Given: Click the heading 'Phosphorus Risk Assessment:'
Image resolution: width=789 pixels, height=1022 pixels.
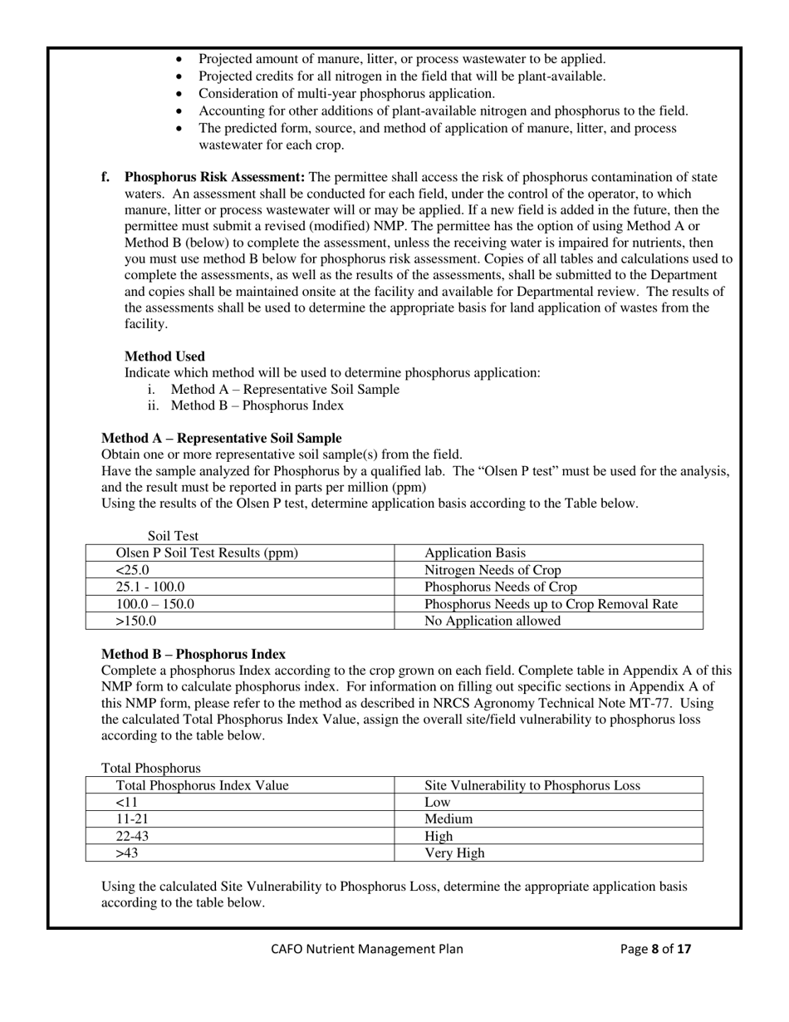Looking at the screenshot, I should point(214,177).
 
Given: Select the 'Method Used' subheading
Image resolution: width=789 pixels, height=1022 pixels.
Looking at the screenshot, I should point(164,356).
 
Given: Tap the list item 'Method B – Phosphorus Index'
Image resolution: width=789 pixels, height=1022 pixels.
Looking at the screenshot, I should point(257,405).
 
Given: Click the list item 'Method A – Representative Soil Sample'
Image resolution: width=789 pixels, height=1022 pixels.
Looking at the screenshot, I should point(284,389).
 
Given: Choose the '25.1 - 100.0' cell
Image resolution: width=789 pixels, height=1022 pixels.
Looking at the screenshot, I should point(150,587).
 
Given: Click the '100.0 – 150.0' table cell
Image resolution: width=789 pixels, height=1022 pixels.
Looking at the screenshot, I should point(155,604).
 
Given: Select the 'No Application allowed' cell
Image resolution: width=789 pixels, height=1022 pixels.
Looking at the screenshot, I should point(493,621).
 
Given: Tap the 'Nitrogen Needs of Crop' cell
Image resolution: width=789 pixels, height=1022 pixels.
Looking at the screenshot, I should point(493,570).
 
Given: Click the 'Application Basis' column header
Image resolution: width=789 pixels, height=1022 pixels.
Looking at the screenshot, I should point(474,553).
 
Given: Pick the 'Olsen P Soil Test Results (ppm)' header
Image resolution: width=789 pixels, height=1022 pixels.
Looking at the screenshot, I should point(207,553).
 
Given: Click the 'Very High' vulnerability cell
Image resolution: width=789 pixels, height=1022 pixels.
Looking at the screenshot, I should point(454,852).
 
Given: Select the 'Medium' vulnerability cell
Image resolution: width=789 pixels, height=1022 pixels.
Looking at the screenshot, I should point(448,818).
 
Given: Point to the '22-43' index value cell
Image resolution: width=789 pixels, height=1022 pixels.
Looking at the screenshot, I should point(133,836).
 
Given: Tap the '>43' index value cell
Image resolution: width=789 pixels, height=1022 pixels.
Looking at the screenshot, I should point(127,852).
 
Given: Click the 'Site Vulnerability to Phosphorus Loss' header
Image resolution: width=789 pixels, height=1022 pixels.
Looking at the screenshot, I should point(532,785).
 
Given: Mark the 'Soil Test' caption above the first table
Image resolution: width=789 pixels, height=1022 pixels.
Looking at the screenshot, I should point(173,536).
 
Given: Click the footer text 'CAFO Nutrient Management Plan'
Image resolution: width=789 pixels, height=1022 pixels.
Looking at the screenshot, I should point(367,949).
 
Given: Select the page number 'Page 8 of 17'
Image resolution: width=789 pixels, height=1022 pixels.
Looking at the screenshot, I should point(655,949).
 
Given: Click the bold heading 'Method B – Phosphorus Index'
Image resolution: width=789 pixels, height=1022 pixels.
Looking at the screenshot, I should point(194,654).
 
